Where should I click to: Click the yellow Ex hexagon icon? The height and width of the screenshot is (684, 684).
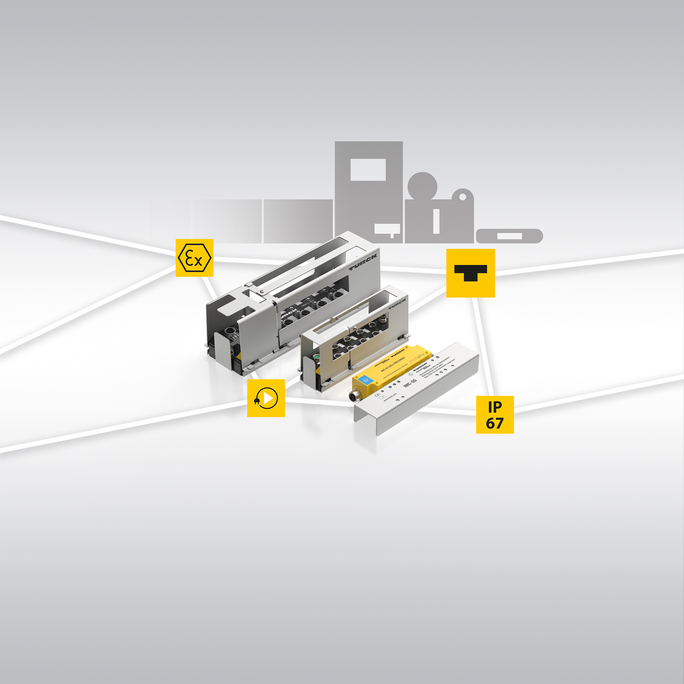click(x=194, y=258)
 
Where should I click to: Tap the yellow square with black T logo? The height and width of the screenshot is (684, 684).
click(x=470, y=273)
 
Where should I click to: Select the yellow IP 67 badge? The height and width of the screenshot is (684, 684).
click(x=495, y=415)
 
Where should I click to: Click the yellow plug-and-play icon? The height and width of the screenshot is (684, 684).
click(x=266, y=398)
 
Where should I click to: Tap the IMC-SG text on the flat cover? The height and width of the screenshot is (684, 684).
click(x=410, y=383)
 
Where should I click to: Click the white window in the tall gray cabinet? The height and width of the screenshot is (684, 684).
click(x=368, y=170)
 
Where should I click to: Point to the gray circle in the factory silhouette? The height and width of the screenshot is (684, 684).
click(x=422, y=186)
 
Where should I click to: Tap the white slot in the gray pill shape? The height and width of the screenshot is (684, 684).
click(x=509, y=236)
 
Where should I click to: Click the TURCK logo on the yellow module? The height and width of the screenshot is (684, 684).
click(x=398, y=353)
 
